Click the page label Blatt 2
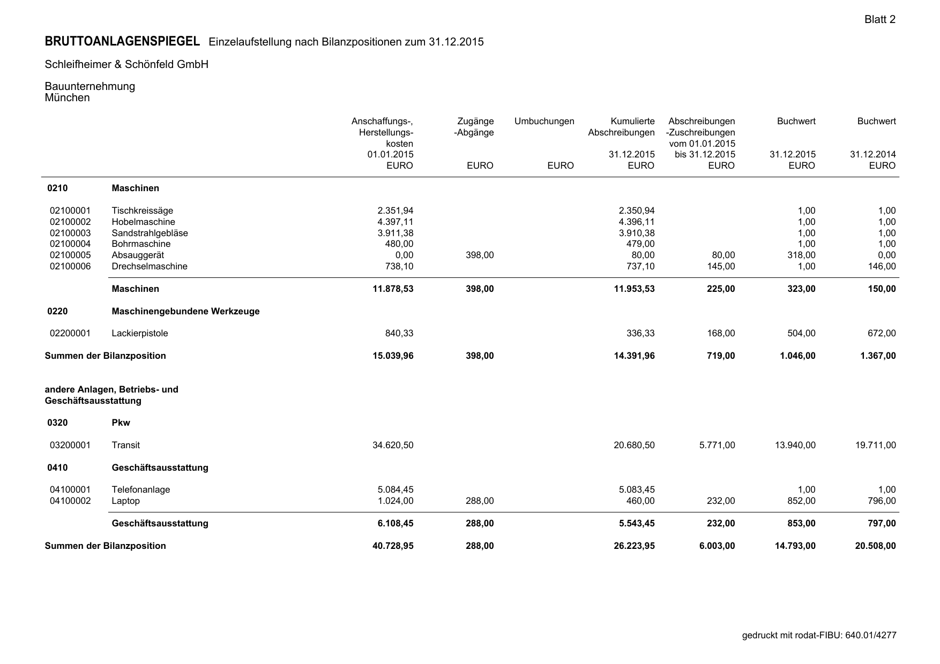879,20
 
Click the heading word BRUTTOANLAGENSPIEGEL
122,41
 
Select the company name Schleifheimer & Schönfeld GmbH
126,64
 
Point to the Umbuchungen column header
544,121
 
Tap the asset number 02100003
70,233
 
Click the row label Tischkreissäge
142,210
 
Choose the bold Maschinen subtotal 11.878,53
393,289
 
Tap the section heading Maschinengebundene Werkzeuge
185,311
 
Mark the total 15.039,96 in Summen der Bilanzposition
393,356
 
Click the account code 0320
57,422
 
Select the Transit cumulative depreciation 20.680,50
634,445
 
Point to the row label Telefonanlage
141,489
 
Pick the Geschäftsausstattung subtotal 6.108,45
396,523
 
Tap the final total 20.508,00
875,546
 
